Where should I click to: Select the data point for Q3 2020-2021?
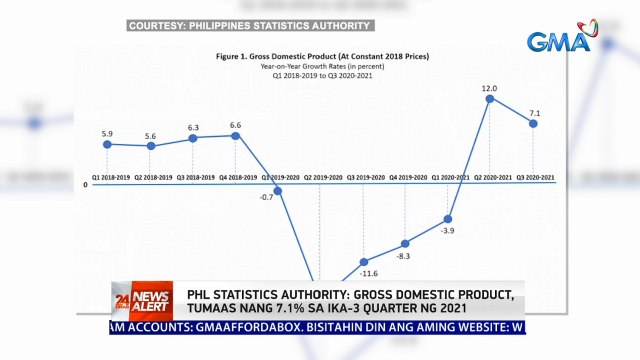pyautogui.click(x=533, y=123)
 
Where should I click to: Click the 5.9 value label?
pyautogui.click(x=107, y=133)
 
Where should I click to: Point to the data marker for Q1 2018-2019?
pyautogui.click(x=107, y=144)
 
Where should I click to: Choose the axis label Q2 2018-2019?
pyautogui.click(x=150, y=177)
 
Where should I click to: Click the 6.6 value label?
pyautogui.click(x=236, y=125)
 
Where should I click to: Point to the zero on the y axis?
pyautogui.click(x=85, y=185)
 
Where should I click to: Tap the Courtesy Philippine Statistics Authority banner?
pyautogui.click(x=249, y=25)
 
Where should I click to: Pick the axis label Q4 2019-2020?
pyautogui.click(x=406, y=177)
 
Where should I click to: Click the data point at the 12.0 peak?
pyautogui.click(x=490, y=98)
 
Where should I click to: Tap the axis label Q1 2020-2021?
pyautogui.click(x=449, y=177)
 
